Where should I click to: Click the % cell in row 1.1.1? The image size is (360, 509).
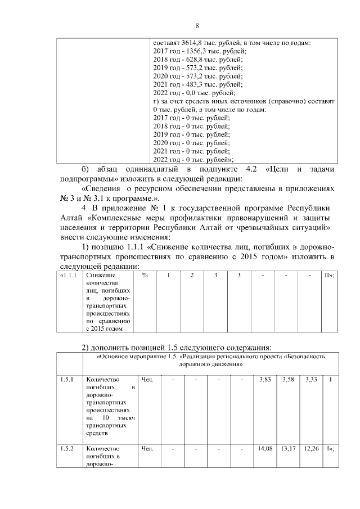click(145, 276)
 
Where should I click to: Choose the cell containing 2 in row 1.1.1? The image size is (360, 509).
click(192, 276)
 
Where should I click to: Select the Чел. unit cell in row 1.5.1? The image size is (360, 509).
click(148, 380)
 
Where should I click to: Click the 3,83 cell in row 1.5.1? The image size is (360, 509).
click(264, 380)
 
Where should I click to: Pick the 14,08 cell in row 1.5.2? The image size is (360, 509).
click(264, 448)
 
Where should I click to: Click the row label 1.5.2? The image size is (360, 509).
click(67, 448)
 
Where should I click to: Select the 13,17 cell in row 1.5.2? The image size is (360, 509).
click(287, 448)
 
